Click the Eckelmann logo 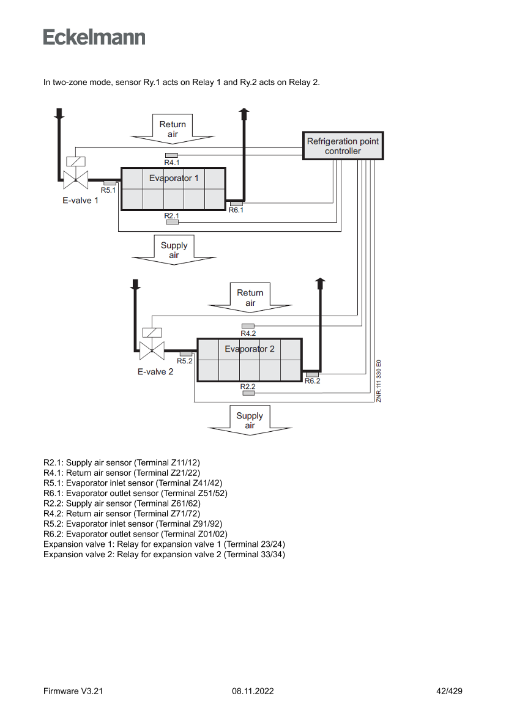point(94,37)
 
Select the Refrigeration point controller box point(343,146)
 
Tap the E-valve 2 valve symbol point(151,350)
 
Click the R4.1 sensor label point(172,163)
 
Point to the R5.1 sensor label point(108,190)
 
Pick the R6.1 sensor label point(236,210)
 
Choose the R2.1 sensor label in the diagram point(172,216)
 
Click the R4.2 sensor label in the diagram point(248,333)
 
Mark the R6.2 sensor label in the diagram point(312,380)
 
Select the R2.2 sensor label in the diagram point(248,387)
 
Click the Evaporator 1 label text point(174,179)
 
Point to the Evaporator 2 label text point(250,349)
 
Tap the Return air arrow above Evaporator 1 point(173,129)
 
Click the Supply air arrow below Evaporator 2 point(250,420)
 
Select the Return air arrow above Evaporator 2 point(250,298)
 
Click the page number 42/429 point(449,691)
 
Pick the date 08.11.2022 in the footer point(253,691)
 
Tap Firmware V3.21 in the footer point(73,691)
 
